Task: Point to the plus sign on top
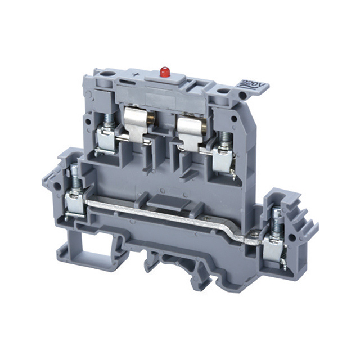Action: [137, 74]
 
